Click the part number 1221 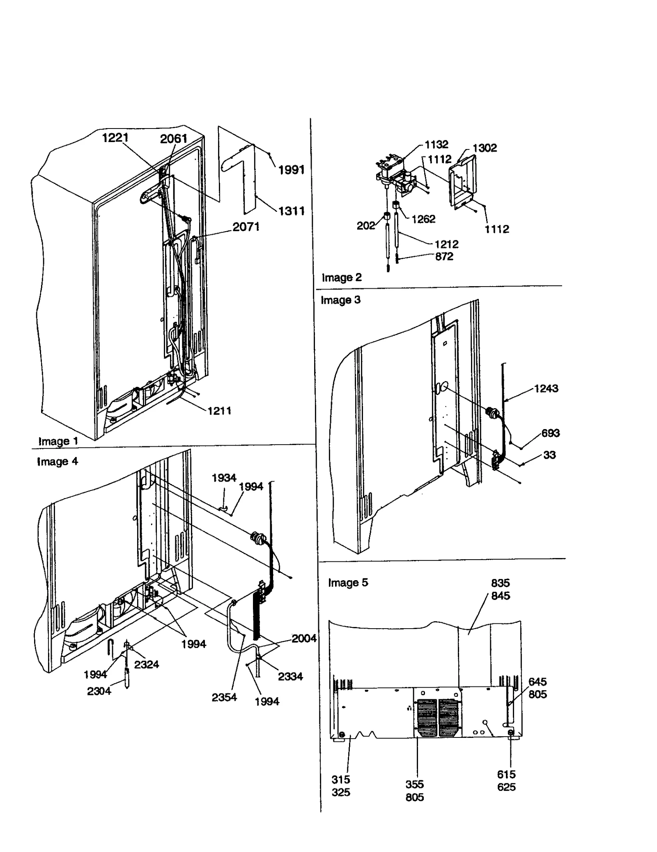115,138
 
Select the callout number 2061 173,139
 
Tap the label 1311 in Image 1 291,211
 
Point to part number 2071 246,227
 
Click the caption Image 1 58,441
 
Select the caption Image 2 342,278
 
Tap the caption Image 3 340,300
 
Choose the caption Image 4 57,462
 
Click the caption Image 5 348,583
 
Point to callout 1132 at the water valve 436,145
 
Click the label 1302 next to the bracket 485,148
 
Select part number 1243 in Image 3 546,388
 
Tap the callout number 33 549,455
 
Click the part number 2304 99,691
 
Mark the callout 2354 224,697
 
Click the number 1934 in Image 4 224,478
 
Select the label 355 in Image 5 414,784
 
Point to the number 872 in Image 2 444,257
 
